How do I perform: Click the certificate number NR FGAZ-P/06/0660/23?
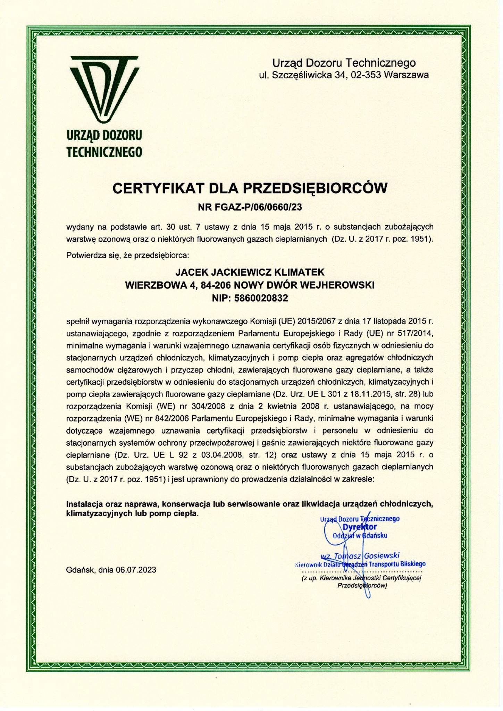250,207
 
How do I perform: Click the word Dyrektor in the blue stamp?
359,527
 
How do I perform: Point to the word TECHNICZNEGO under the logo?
104,152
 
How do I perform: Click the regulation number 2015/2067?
316,321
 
